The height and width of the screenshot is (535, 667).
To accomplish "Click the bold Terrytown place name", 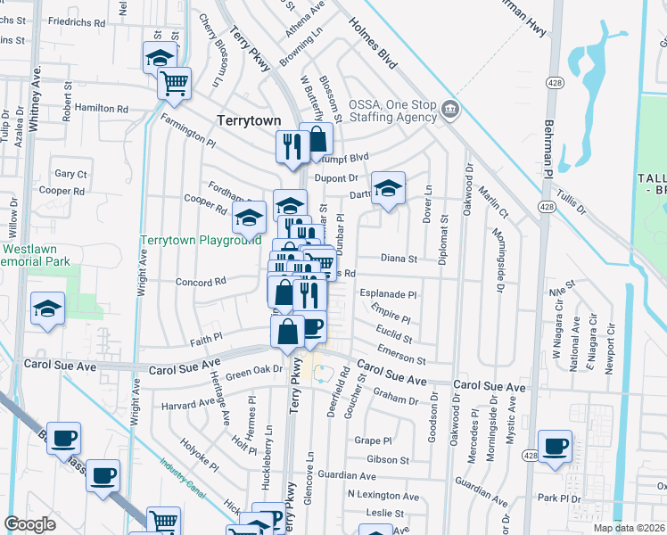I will [x=249, y=120].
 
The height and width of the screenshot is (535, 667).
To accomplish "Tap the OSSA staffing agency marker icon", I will [x=449, y=110].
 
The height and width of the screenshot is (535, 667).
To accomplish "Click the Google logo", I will [x=29, y=523].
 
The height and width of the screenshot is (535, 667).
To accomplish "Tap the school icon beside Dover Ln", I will [x=388, y=188].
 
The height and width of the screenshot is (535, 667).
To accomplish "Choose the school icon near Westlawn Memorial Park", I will [x=47, y=309].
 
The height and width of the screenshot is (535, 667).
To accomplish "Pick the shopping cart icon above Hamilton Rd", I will [x=175, y=83].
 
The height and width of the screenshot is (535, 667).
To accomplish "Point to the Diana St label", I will [x=399, y=259].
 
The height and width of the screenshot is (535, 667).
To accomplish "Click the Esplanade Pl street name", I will [x=388, y=293].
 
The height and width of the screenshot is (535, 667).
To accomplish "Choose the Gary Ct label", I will [x=71, y=174].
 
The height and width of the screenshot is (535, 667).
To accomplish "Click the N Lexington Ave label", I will [x=383, y=496].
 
